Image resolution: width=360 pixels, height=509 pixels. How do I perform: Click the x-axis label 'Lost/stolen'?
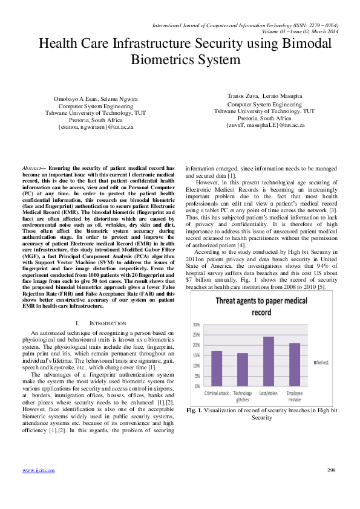pos(268,392)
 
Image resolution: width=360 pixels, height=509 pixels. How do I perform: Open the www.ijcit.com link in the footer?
pos(36,487)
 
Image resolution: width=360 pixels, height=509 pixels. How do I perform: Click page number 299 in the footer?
pos(331,487)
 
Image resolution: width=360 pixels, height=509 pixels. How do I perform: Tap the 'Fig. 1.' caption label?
pos(193,410)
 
